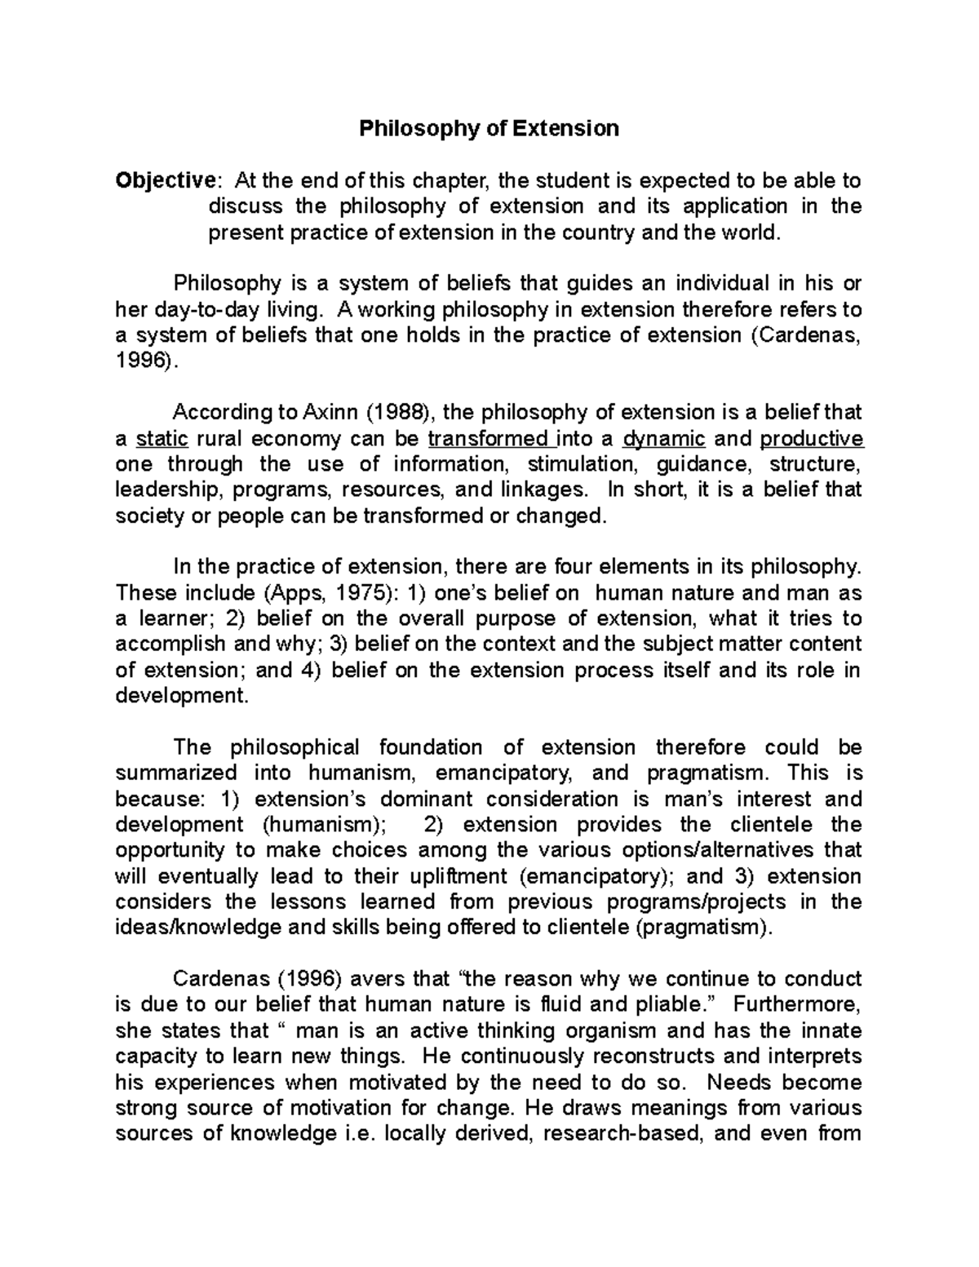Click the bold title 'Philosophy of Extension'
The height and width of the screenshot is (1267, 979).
click(489, 128)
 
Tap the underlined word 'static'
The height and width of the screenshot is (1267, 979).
click(162, 439)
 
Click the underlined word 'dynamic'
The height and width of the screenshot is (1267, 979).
click(663, 439)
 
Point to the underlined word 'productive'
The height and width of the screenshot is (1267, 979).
click(811, 439)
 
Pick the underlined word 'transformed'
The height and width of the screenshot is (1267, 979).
click(488, 439)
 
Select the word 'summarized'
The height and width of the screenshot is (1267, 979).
click(176, 773)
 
